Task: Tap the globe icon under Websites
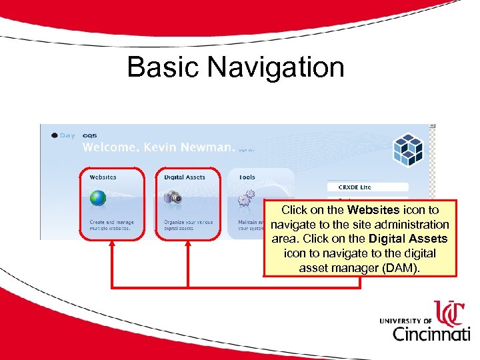point(98,198)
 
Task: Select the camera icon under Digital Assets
point(173,197)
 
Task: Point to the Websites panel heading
point(103,177)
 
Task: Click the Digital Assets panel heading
point(185,177)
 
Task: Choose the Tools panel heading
point(246,177)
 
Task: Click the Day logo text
point(67,135)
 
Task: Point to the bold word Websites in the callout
point(376,210)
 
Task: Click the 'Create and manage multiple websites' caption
point(111,225)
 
